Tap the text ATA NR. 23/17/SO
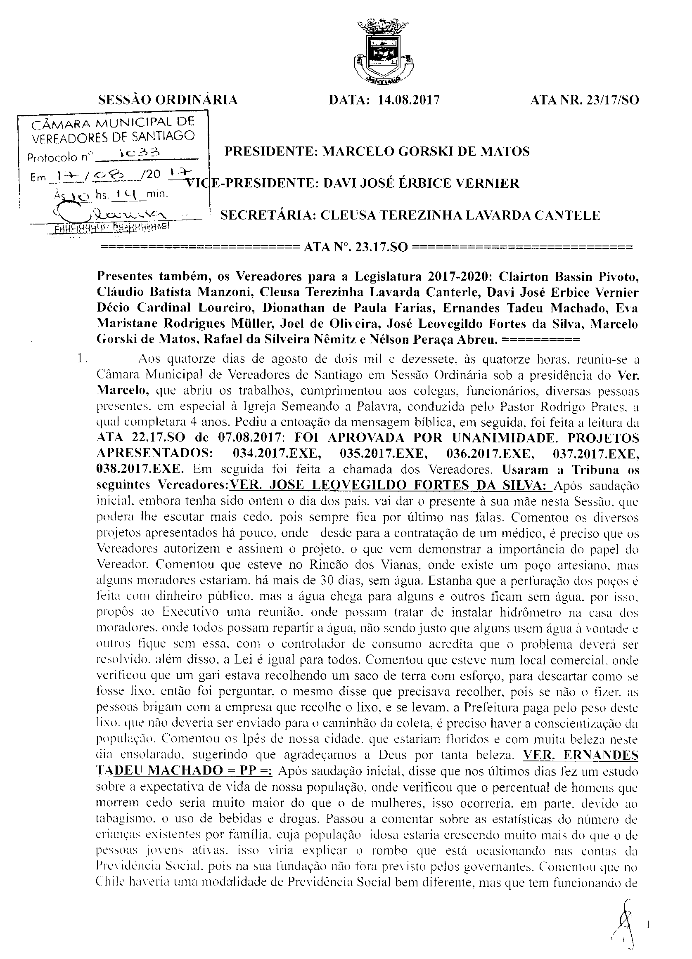(x=584, y=100)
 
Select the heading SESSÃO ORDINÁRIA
(x=168, y=100)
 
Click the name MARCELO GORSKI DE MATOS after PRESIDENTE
(x=426, y=151)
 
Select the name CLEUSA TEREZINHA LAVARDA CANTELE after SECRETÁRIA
(x=460, y=216)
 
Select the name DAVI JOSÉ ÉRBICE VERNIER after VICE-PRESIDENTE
(x=421, y=184)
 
